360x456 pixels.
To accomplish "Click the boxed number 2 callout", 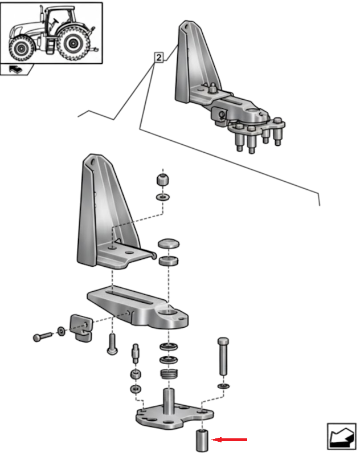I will tap(158, 58).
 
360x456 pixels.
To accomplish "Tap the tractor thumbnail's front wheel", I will tap(22, 49).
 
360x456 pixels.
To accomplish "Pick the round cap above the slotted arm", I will tap(168, 245).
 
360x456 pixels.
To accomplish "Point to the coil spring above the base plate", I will tap(167, 374).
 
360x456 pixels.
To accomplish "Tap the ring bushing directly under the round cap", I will tap(168, 262).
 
